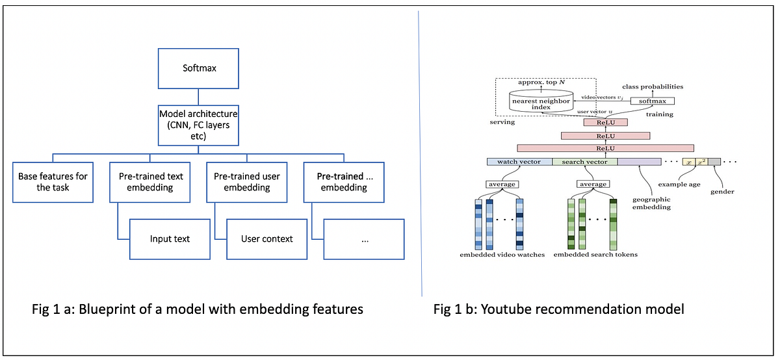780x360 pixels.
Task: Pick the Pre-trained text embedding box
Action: pos(151,182)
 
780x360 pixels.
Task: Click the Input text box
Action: pos(170,238)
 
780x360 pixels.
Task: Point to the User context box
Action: pos(266,238)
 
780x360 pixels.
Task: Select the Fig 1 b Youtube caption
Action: pos(558,309)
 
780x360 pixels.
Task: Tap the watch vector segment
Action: pos(519,162)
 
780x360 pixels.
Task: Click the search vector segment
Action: pos(584,162)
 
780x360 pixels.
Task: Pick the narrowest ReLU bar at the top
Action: pos(604,122)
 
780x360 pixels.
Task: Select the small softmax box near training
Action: pos(653,101)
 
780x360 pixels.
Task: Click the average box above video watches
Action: pos(502,184)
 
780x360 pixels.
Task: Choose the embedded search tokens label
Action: pos(595,255)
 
